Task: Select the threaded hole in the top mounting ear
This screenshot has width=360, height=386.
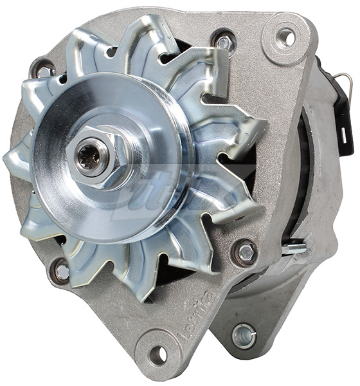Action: point(285,38)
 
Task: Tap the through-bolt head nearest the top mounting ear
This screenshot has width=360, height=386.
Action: point(224,42)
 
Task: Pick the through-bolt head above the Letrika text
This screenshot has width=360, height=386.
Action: point(245,252)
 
